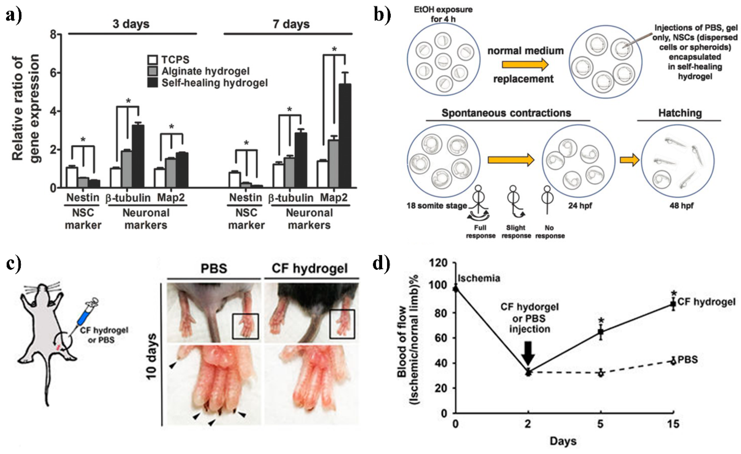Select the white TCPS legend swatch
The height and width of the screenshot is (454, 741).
tap(153, 60)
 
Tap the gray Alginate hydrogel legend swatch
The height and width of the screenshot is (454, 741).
tap(153, 71)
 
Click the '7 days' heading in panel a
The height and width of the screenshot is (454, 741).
tap(291, 24)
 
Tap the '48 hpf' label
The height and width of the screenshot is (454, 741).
tap(681, 206)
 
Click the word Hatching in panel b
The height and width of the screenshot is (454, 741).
tap(680, 113)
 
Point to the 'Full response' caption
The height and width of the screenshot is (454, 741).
tap(480, 232)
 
